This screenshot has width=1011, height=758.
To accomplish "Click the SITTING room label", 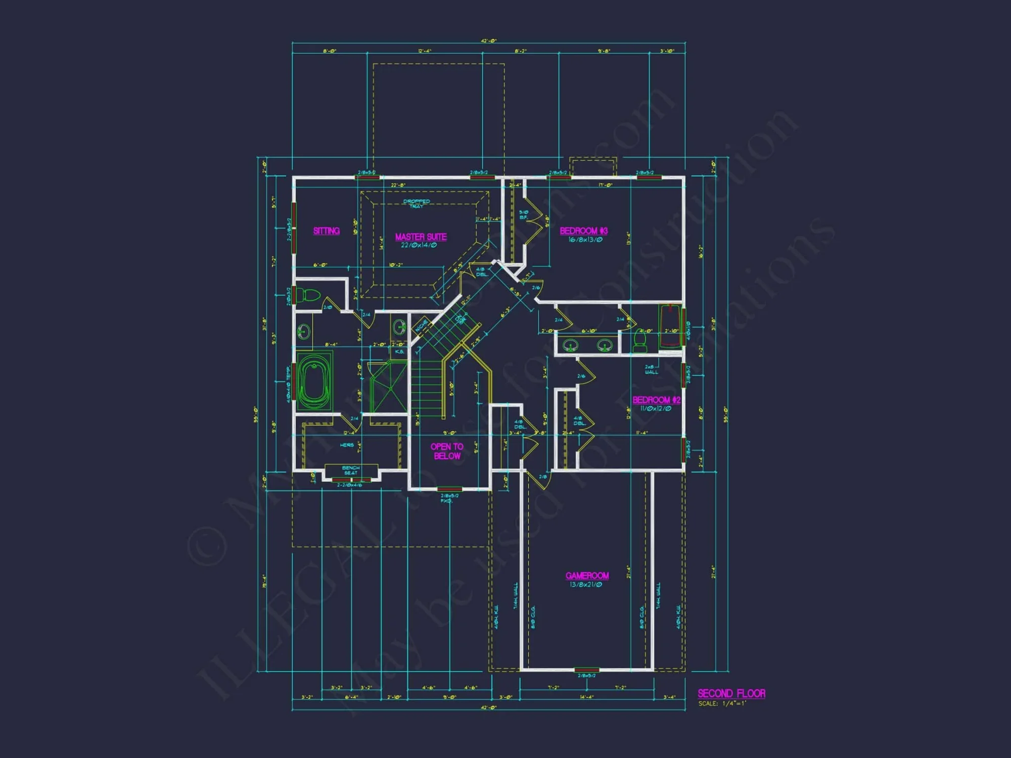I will (326, 231).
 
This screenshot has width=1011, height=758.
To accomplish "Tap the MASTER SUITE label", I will (421, 237).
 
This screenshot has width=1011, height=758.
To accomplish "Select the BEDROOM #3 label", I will (583, 231).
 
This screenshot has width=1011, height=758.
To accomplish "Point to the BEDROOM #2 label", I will (656, 400).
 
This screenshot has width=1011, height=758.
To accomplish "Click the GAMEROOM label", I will (587, 576).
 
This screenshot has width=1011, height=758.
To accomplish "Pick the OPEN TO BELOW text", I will (447, 451).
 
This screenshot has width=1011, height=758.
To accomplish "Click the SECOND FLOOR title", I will (731, 693).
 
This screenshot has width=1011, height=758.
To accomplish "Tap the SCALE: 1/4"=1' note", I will (722, 703).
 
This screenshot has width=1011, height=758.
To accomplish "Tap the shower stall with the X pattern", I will (388, 388).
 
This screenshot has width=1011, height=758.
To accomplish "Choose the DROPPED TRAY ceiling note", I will (417, 204).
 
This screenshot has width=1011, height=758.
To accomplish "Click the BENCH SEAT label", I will (351, 470).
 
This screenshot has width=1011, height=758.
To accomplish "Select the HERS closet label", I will (347, 445).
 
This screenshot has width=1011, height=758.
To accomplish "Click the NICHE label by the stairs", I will (421, 326).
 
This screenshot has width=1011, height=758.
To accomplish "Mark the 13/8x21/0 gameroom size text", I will (586, 585).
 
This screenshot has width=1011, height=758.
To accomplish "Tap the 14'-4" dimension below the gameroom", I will (586, 697).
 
